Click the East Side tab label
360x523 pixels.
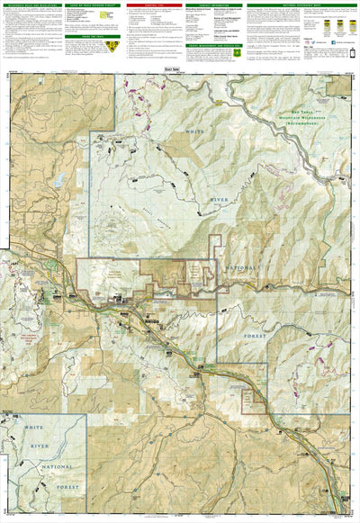point(180,68)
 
